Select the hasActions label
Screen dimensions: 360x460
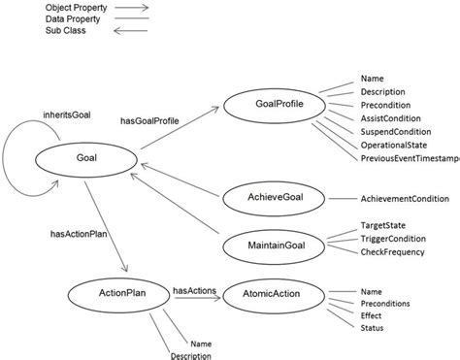pos(194,289)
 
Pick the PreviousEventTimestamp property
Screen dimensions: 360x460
pos(409,157)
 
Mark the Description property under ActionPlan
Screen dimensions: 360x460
pos(191,355)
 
